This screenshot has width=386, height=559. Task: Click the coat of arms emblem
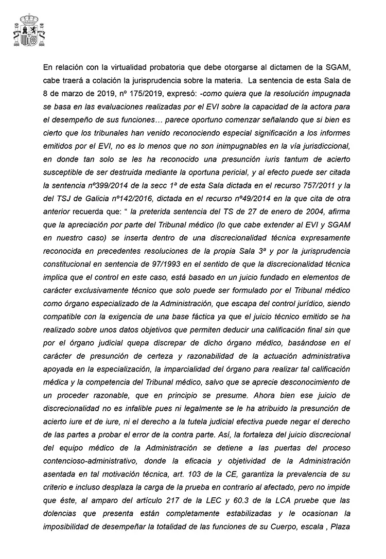coord(29,31)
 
